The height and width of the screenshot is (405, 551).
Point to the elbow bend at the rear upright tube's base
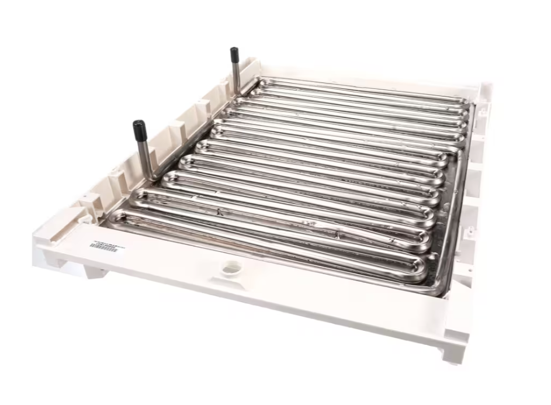(238, 92)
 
